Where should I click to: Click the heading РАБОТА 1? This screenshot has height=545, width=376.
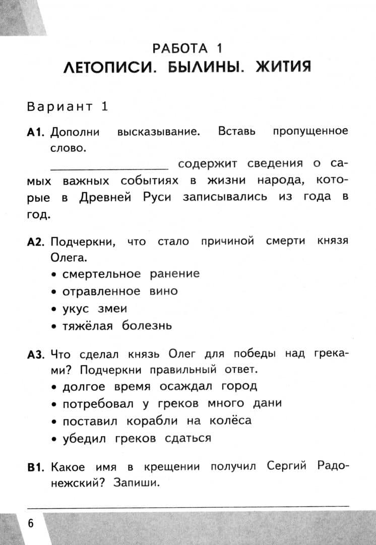(187, 48)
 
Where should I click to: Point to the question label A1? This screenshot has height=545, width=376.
(36, 132)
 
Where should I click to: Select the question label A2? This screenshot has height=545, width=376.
(37, 242)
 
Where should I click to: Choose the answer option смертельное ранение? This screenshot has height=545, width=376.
(131, 274)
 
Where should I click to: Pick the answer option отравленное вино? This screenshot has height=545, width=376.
(119, 291)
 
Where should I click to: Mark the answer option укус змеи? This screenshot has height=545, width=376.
(94, 308)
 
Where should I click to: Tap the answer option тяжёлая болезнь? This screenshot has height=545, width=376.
(116, 325)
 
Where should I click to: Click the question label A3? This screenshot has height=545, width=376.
(37, 355)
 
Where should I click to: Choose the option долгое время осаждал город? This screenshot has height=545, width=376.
(159, 387)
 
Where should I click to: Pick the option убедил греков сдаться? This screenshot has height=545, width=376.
(136, 438)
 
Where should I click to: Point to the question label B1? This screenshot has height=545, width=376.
(36, 467)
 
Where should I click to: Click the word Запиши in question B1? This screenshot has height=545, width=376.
(136, 483)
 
